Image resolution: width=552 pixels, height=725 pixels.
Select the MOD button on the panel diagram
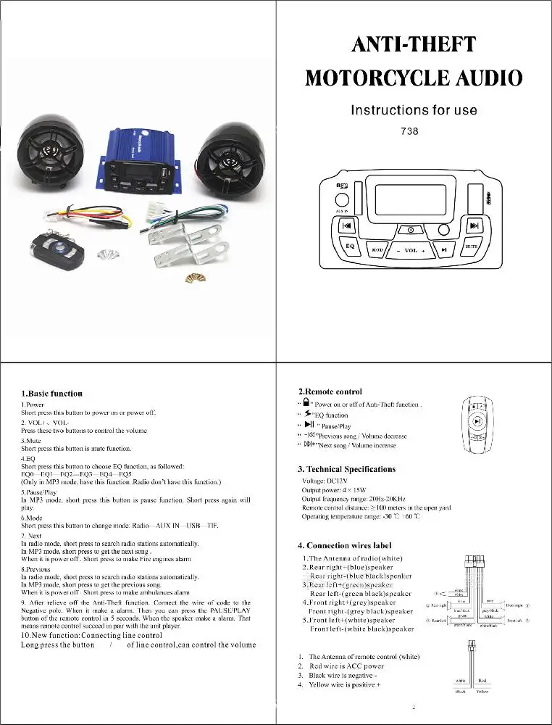click(x=377, y=250)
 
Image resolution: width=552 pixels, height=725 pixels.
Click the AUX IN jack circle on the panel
click(x=342, y=200)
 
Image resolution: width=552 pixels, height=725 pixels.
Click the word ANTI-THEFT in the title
click(x=414, y=45)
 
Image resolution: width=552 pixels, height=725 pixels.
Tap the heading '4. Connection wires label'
click(x=345, y=545)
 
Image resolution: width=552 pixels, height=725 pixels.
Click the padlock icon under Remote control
click(x=307, y=403)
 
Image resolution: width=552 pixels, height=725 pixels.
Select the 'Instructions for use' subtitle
click(x=414, y=110)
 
